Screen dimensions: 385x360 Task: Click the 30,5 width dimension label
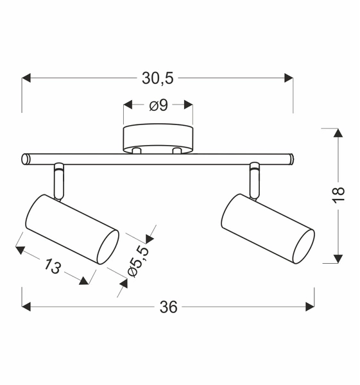(x=157, y=78)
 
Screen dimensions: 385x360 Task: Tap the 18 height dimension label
(x=339, y=195)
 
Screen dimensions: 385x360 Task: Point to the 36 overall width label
(x=168, y=307)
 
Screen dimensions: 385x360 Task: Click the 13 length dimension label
(x=53, y=264)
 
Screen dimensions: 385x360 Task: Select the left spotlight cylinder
(x=71, y=228)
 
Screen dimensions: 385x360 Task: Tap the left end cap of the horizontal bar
(x=25, y=158)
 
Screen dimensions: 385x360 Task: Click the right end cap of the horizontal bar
(x=291, y=158)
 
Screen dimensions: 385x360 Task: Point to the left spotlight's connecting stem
(x=59, y=181)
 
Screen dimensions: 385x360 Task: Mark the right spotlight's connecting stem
(x=255, y=181)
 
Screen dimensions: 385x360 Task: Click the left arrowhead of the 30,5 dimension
(x=26, y=78)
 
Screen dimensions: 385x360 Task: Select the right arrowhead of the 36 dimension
(x=310, y=307)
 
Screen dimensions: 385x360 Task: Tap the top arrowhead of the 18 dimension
(x=336, y=132)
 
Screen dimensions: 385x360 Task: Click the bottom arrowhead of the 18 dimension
(x=336, y=259)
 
